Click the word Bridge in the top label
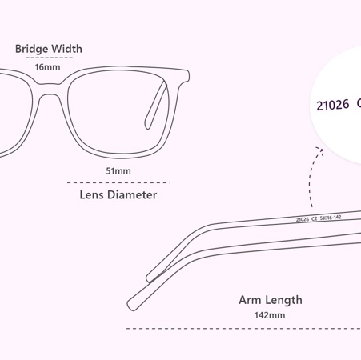click(31, 49)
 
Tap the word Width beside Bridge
click(66, 49)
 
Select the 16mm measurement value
click(47, 67)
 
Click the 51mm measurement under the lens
click(118, 171)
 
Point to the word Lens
click(91, 194)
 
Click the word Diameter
click(132, 194)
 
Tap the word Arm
click(250, 300)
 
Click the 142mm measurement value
click(270, 315)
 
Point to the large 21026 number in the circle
click(333, 105)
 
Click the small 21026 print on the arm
click(303, 219)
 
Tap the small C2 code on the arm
click(315, 218)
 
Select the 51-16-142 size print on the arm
click(331, 218)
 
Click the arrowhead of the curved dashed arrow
click(320, 150)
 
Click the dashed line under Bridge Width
click(50, 58)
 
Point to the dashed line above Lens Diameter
click(118, 183)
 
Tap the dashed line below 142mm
click(243, 329)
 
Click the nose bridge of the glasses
click(49, 89)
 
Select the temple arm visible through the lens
click(156, 106)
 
